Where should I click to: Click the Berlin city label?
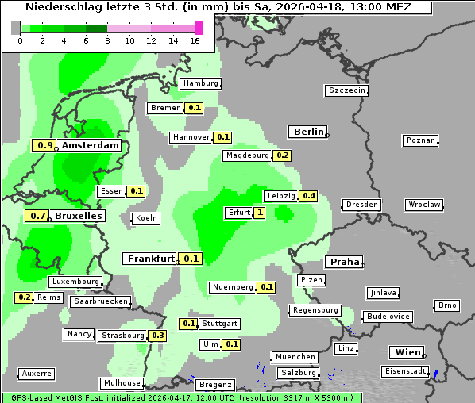[308, 132]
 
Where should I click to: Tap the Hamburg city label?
[200, 83]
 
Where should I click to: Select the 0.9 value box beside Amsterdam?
[45, 145]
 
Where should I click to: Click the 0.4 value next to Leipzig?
[309, 196]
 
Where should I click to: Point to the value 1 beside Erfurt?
[259, 213]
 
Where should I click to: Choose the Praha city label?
[345, 262]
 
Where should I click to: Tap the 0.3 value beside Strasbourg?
[158, 336]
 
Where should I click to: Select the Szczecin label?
[347, 90]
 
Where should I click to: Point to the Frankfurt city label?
[151, 259]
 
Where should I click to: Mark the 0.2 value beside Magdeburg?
[282, 155]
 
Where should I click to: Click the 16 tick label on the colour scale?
[195, 40]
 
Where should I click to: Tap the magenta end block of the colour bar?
[199, 28]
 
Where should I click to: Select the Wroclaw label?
[424, 205]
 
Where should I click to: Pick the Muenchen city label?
[294, 357]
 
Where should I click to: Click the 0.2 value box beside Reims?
[24, 297]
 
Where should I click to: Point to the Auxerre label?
[37, 373]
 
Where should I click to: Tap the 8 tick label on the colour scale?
[107, 40]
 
